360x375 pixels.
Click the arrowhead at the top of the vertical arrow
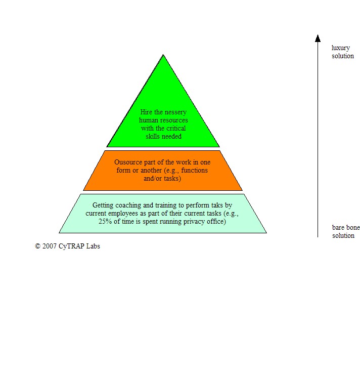tap(318, 38)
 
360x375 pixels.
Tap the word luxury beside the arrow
tap(340, 48)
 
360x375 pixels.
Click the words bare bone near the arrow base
tap(346, 227)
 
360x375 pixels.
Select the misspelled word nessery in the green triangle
tap(175, 112)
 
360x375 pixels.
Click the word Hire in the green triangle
tap(146, 112)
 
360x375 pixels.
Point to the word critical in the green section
tap(175, 128)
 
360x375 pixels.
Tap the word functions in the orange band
tap(195, 170)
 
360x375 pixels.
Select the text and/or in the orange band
tap(153, 179)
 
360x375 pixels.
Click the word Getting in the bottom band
tap(103, 205)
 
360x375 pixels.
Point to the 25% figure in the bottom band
tap(105, 221)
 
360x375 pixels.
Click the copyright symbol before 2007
tap(37, 246)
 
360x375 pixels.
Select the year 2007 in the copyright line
tap(50, 246)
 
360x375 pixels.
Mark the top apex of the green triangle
tap(163, 55)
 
